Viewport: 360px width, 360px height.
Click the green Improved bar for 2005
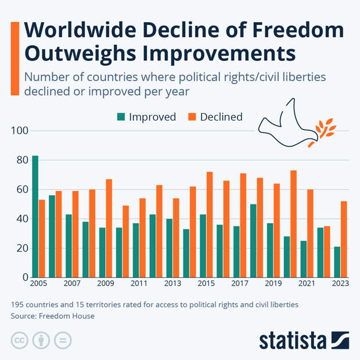pyautogui.click(x=35, y=217)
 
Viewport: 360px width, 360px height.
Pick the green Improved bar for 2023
pyautogui.click(x=337, y=262)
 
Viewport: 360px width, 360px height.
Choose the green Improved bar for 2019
pyautogui.click(x=269, y=250)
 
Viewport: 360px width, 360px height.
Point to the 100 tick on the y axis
pyautogui.click(x=20, y=131)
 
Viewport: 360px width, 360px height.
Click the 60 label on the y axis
pyautogui.click(x=21, y=190)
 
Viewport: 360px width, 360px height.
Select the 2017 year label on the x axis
pyautogui.click(x=239, y=284)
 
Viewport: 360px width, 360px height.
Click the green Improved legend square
pyautogui.click(x=121, y=117)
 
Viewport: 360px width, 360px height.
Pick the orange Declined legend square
pyautogui.click(x=192, y=117)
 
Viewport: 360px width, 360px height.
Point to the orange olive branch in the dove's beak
pyautogui.click(x=323, y=131)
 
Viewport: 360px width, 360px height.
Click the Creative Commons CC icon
pyautogui.click(x=19, y=340)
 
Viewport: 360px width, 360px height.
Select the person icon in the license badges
pyautogui.click(x=41, y=340)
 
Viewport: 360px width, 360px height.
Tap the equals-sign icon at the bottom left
pyautogui.click(x=62, y=340)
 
